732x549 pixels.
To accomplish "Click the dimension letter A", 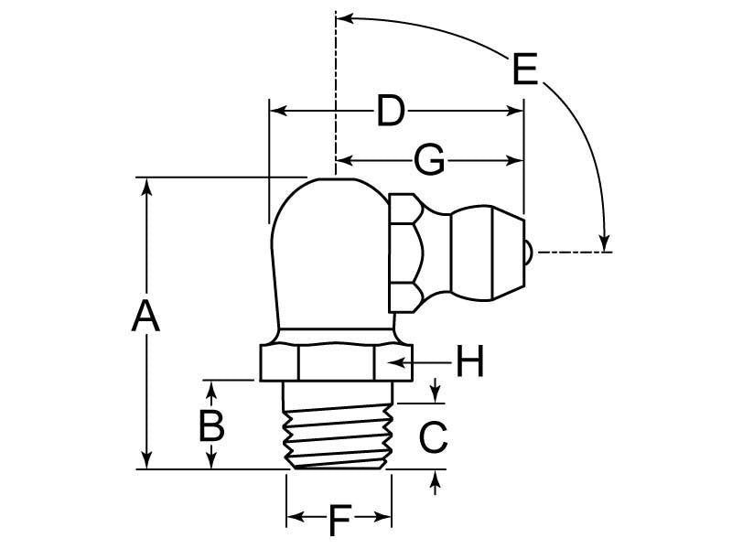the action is coord(145,317).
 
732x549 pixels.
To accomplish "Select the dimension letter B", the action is coord(211,425).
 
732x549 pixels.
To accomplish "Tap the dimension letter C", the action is coord(434,437).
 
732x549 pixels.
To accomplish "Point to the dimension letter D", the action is coord(391,111).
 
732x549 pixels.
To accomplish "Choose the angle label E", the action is coord(525,70).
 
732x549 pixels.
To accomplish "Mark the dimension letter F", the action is coord(339,521).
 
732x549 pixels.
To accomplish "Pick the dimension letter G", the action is coord(429,160).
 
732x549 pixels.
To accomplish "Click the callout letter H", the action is coord(469,361).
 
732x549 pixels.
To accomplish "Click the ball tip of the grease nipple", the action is coord(528,253).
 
